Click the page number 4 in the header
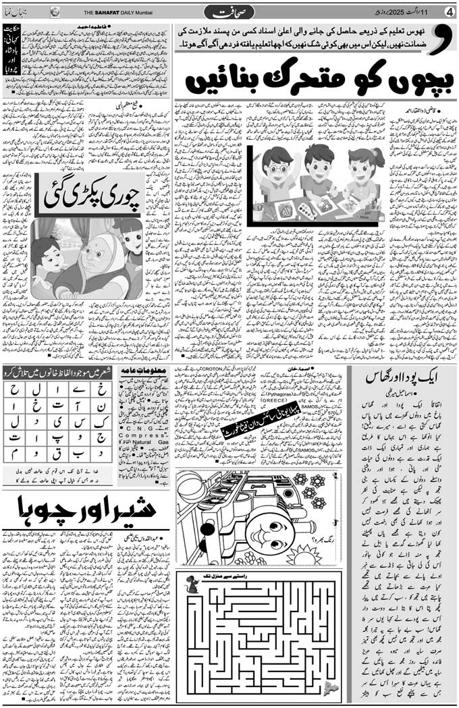point(449,11)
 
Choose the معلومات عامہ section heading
point(139,371)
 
